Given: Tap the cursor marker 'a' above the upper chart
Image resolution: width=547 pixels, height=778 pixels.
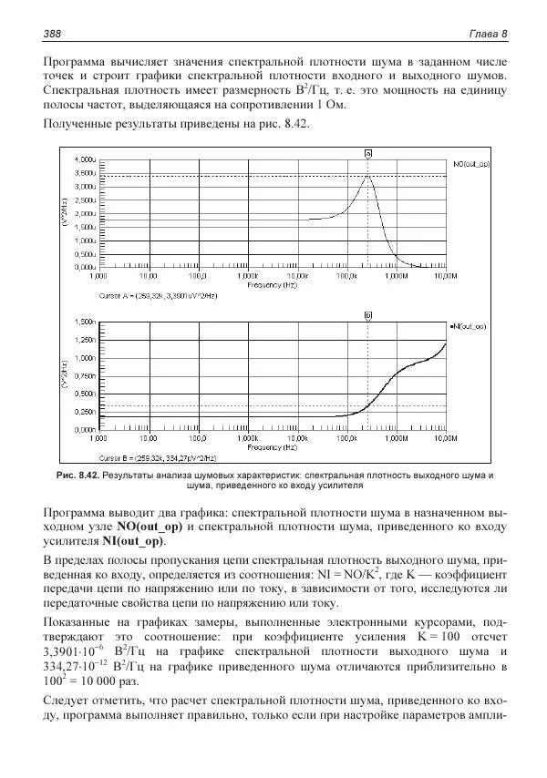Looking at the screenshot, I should click(367, 154).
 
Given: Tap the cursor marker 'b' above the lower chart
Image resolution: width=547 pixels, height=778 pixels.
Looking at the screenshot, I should click(367, 315).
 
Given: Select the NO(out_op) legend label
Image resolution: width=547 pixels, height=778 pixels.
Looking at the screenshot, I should click(471, 163).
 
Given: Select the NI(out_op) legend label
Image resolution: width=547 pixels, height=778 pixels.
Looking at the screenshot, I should click(470, 324).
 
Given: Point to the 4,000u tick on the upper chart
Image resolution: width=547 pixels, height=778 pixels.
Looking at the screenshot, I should click(83, 159).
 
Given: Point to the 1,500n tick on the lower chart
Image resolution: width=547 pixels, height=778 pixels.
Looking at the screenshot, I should click(83, 322).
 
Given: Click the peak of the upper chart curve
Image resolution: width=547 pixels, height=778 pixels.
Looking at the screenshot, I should click(367, 176).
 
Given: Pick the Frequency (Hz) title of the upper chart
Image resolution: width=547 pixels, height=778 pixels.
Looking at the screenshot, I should click(272, 285).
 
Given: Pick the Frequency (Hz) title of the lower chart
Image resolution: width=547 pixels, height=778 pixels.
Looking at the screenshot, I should click(272, 447).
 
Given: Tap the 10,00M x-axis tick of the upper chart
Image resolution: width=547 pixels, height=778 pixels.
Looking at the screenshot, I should click(445, 275).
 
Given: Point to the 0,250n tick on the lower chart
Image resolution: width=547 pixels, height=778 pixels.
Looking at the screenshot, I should click(83, 411).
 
